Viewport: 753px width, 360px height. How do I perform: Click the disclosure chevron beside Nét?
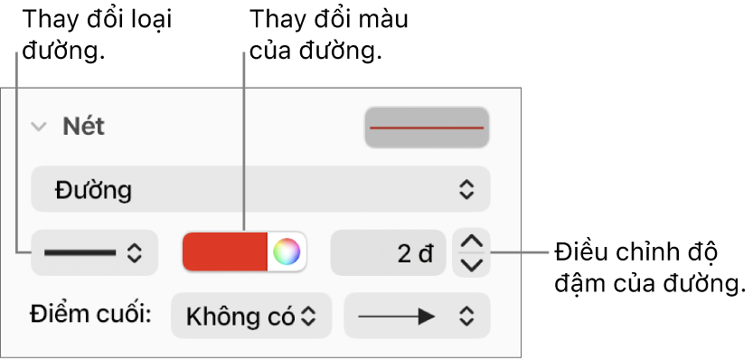tap(38, 127)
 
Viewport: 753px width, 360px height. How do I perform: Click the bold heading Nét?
tap(83, 127)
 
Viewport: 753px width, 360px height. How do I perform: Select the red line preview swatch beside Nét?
tap(427, 128)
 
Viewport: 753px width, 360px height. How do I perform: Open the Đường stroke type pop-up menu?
tap(260, 189)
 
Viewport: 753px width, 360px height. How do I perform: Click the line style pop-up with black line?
tap(94, 253)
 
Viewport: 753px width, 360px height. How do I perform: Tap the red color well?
tap(225, 251)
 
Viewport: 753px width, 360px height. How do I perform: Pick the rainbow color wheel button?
tap(287, 251)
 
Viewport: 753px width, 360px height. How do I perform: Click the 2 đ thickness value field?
tap(388, 253)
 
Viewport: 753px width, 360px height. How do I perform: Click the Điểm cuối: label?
tap(90, 315)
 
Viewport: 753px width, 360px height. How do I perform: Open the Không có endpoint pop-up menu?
tap(251, 316)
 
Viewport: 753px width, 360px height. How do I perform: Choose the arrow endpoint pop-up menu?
tap(417, 316)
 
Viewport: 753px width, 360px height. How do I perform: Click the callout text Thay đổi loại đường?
tap(97, 34)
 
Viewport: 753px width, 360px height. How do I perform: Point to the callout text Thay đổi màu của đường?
tap(328, 34)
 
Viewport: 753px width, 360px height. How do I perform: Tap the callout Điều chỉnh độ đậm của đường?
tap(649, 268)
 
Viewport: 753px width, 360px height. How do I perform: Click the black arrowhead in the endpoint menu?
tap(427, 317)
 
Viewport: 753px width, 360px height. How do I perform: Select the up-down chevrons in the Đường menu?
tap(466, 189)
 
